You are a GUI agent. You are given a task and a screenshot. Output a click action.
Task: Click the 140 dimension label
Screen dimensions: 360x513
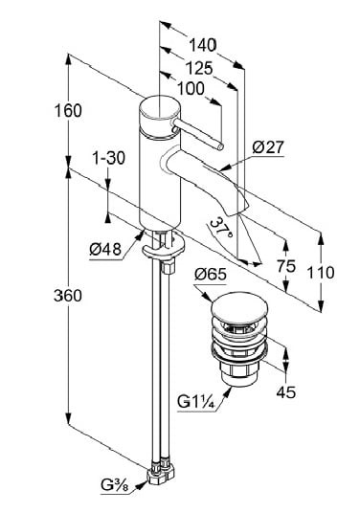[203, 45]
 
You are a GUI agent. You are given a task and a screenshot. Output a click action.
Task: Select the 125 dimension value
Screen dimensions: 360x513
[199, 69]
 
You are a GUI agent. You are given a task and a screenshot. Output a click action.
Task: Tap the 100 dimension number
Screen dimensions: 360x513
[191, 88]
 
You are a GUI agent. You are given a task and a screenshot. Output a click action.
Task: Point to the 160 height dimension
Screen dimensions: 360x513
[68, 111]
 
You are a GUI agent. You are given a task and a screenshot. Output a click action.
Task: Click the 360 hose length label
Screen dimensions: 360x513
[68, 296]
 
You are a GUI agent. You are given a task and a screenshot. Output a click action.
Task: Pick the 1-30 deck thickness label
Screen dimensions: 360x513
[108, 158]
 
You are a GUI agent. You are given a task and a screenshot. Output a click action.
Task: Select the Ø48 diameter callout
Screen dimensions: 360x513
[105, 250]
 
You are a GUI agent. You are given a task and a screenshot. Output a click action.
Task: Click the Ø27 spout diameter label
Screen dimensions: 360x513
[268, 147]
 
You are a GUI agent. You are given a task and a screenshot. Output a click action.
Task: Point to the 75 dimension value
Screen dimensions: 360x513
[286, 266]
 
